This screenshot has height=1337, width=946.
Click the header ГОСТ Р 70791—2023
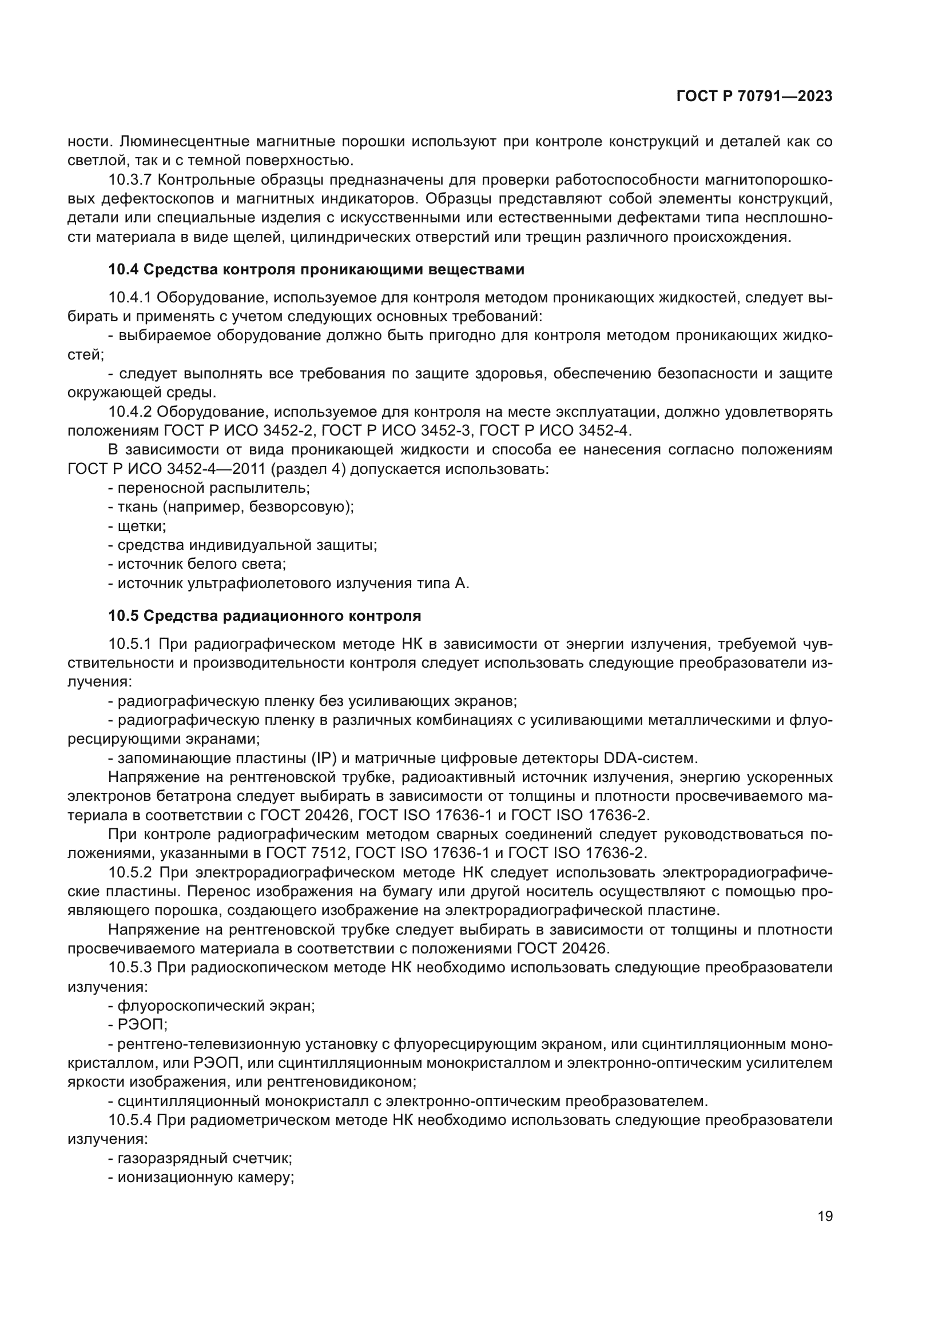[754, 97]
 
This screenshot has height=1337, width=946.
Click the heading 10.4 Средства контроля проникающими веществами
[316, 270]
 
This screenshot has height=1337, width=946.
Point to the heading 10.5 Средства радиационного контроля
[264, 616]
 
